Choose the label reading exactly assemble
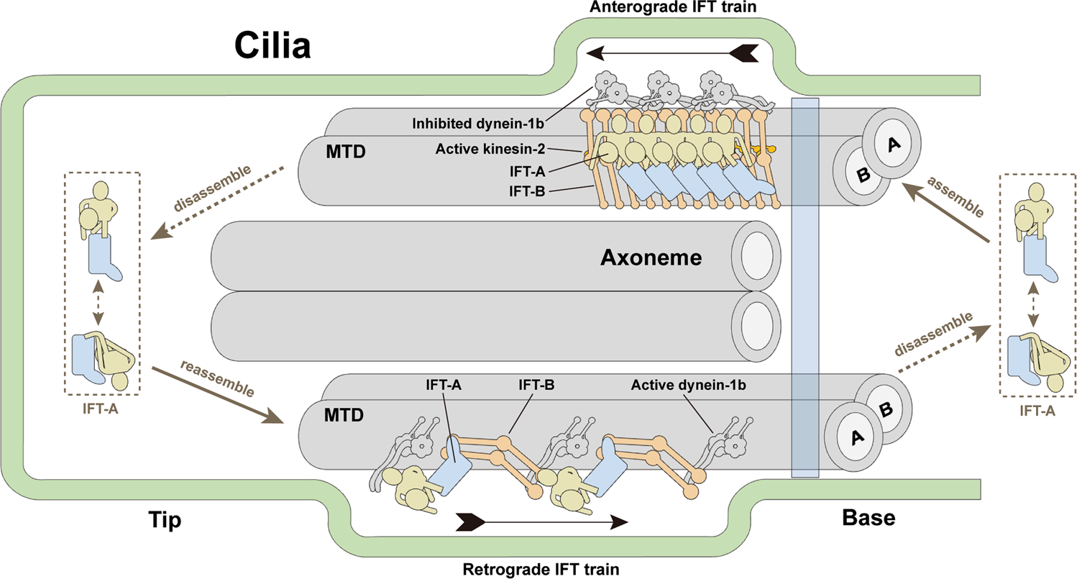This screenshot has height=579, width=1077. click(x=955, y=200)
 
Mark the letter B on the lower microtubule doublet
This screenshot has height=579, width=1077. click(x=885, y=410)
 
